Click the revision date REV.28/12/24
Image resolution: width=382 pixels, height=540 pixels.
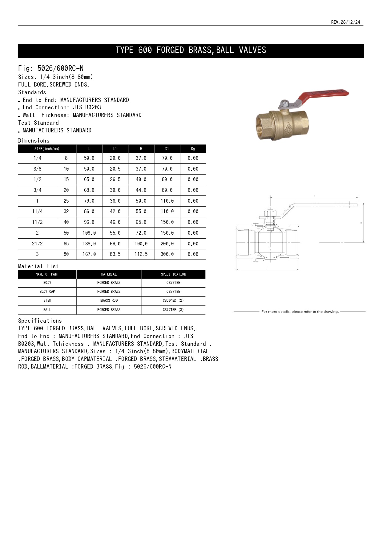click(345, 22)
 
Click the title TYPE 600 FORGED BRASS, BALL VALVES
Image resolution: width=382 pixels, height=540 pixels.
click(191, 50)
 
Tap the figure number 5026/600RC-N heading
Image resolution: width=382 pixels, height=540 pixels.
click(51, 68)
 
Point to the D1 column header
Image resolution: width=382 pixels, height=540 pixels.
click(167, 149)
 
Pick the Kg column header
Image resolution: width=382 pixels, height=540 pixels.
click(193, 149)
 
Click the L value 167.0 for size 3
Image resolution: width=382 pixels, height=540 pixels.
click(89, 254)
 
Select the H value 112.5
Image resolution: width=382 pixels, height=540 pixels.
click(141, 254)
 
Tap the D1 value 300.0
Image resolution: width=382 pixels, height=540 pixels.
click(167, 254)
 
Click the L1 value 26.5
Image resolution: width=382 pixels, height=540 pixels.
click(115, 179)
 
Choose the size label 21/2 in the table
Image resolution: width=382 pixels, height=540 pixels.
click(37, 244)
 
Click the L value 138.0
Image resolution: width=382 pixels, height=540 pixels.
click(89, 244)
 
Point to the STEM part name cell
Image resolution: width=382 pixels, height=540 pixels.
click(47, 300)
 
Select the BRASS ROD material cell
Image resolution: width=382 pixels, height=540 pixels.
click(109, 300)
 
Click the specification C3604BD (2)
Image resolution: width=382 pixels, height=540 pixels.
click(173, 300)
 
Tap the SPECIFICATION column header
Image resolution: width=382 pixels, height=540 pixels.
click(173, 274)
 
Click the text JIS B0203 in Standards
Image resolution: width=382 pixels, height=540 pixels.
click(87, 107)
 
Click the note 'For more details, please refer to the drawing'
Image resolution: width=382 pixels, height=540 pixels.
click(300, 312)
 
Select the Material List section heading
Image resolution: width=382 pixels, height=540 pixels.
click(38, 266)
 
